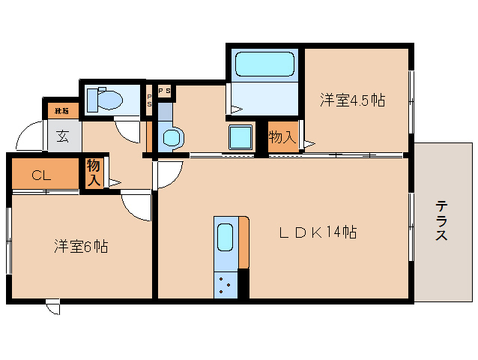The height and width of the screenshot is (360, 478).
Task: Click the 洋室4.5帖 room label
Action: (353, 100)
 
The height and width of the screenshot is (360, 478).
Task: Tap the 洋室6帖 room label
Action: (80, 245)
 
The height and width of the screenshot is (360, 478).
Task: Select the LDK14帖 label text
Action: (318, 232)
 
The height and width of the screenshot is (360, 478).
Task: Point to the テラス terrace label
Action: (442, 220)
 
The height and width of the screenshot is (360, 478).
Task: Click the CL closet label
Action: (41, 175)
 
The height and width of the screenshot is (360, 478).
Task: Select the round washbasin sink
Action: (173, 138)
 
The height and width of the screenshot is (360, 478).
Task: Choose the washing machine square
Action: (242, 137)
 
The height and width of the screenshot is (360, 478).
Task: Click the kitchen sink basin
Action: (225, 238)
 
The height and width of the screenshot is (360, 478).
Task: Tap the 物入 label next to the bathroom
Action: (282, 138)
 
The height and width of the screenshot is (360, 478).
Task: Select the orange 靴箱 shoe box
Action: (61, 111)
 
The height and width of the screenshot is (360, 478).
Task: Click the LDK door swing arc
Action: (167, 174)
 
